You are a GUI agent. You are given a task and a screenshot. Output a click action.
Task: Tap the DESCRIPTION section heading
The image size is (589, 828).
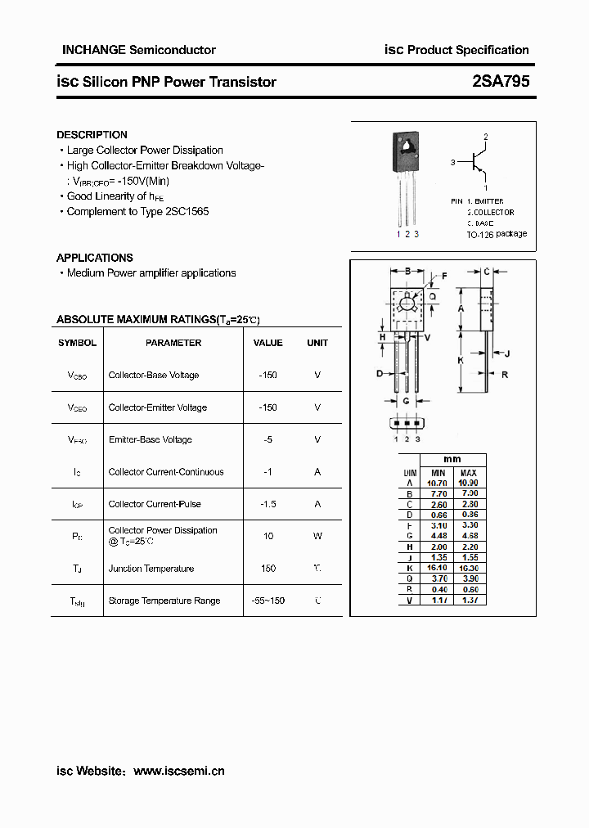pyautogui.click(x=92, y=134)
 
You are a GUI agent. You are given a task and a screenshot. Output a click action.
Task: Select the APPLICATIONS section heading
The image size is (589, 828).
pyautogui.click(x=94, y=258)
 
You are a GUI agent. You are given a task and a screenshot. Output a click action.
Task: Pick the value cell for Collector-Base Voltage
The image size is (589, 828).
pyautogui.click(x=268, y=376)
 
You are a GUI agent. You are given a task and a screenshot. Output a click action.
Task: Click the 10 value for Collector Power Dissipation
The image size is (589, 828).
pyautogui.click(x=268, y=536)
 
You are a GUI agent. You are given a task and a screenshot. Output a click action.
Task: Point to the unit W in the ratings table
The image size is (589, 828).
pyautogui.click(x=317, y=536)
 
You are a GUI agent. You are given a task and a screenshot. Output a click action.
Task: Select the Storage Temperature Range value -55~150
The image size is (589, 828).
pyautogui.click(x=268, y=601)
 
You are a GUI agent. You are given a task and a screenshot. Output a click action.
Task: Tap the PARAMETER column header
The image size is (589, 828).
pyautogui.click(x=173, y=343)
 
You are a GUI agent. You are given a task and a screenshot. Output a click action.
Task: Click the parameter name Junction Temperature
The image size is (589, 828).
pyautogui.click(x=151, y=569)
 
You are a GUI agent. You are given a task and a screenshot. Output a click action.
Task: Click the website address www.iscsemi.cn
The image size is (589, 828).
pyautogui.click(x=178, y=771)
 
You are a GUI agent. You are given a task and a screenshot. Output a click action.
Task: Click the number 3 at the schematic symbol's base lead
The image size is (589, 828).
pyautogui.click(x=452, y=163)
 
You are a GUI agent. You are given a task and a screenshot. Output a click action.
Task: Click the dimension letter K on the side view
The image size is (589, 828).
pyautogui.click(x=461, y=360)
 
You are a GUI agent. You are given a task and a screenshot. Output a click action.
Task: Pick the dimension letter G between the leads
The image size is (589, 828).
pyautogui.click(x=406, y=401)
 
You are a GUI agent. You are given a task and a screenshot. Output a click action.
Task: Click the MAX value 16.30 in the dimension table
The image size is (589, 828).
pyautogui.click(x=468, y=566)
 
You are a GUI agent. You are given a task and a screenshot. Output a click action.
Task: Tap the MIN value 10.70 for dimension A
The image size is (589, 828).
pyautogui.click(x=438, y=484)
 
